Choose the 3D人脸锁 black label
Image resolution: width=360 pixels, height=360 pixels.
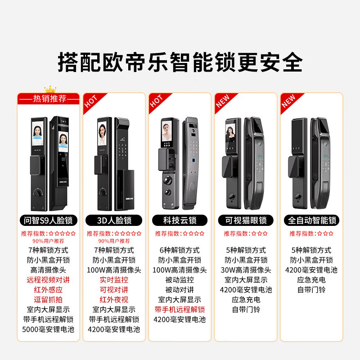coord(114,220)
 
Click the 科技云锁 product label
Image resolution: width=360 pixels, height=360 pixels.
coord(180,220)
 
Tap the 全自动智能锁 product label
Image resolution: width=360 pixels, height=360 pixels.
coord(311,220)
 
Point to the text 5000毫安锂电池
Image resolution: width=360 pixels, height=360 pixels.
coord(49,329)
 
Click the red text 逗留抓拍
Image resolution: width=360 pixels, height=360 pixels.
coord(49,300)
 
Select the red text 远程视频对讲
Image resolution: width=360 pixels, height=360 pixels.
coord(49,280)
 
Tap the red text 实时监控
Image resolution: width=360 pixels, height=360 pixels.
coord(114,280)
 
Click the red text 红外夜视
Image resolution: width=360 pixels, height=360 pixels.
coord(114,300)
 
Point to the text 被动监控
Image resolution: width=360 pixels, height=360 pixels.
coord(180,280)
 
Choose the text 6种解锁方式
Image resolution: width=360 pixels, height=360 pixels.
coord(180,250)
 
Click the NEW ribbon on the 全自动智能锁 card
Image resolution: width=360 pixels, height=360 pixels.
coord(288,102)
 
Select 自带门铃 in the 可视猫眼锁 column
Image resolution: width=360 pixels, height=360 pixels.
coord(246,310)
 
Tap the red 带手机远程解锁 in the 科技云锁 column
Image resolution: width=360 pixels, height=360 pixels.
coord(180,310)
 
